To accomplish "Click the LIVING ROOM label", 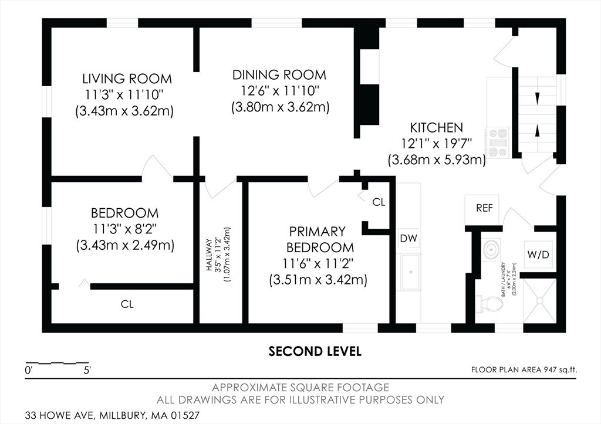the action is (127, 79).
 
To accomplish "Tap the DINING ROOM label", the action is (279, 74).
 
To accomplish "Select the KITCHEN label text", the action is (436, 127).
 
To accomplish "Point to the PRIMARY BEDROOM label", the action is (320, 239).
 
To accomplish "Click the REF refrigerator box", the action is (484, 208).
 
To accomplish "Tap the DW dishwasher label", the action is (408, 238).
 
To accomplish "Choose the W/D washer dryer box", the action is (539, 255).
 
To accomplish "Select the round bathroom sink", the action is (491, 249).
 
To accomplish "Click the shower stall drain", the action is (540, 301).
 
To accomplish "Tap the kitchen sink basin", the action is (410, 272).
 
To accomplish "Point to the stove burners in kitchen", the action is (497, 143).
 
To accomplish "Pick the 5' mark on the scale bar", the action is (87, 371).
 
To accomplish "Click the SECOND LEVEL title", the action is (315, 351).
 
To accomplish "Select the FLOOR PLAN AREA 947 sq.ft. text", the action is (524, 369).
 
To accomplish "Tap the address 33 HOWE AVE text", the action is (61, 415).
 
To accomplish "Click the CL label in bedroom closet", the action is (127, 304).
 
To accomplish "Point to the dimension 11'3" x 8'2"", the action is (125, 229).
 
